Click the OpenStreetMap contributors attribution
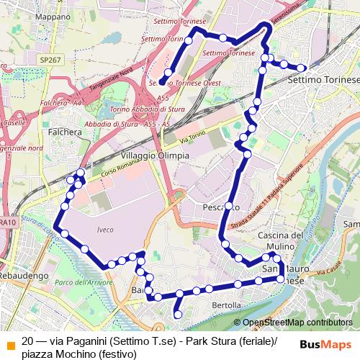(x=298, y=323)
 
